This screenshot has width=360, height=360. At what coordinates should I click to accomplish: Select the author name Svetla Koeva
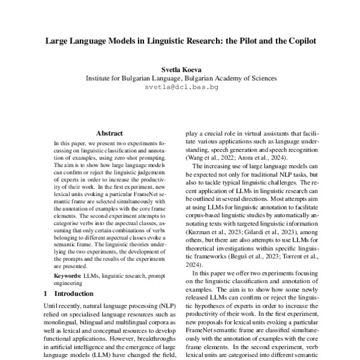(x=181, y=69)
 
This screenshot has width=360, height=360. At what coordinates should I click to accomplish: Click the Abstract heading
(x=109, y=133)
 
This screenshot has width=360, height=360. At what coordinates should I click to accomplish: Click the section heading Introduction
(x=74, y=294)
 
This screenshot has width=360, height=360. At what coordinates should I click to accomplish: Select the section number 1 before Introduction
(x=46, y=294)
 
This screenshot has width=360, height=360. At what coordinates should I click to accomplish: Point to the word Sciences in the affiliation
(x=262, y=78)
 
